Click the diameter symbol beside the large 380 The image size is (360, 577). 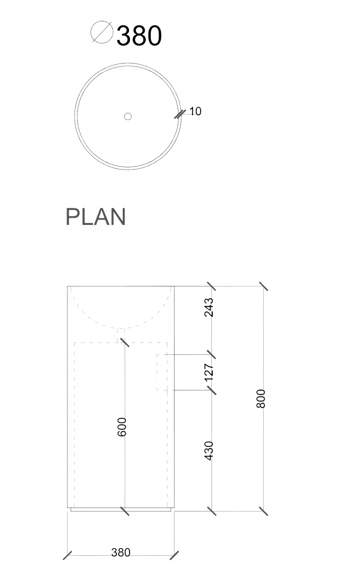click(102, 32)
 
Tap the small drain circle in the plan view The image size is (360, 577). click(128, 116)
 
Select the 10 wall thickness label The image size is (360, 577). click(195, 111)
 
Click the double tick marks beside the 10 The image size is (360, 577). click(180, 114)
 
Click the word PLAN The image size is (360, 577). click(96, 217)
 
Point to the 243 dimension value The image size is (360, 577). click(209, 307)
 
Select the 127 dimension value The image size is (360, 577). click(209, 372)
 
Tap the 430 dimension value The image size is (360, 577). click(209, 451)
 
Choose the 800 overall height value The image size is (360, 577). click(261, 399)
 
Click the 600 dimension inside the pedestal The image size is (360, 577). click(122, 427)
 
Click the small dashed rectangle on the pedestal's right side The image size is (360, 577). click(162, 372)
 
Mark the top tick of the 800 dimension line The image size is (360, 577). click(264, 286)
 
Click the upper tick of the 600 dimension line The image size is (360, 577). click(125, 342)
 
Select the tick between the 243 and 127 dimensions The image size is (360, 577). click(212, 354)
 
